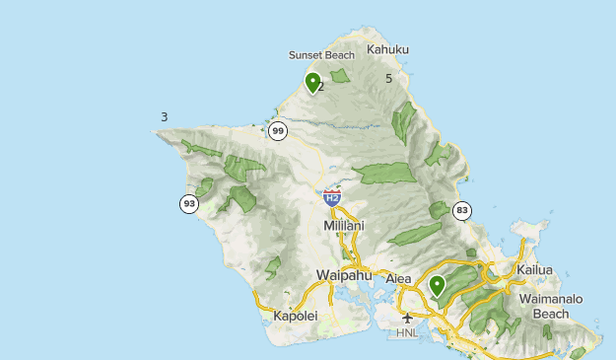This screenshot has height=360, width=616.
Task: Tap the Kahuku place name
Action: tap(387, 49)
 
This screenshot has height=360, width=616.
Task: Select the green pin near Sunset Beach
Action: tap(312, 83)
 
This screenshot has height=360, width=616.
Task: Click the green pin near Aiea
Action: tap(437, 286)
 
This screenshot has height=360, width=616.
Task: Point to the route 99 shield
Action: tap(278, 131)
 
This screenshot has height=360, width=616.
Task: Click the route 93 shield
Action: tap(189, 204)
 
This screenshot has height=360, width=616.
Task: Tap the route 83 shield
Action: tap(461, 210)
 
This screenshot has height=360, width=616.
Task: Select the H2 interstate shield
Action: tap(332, 198)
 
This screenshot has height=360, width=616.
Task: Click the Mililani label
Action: tap(344, 226)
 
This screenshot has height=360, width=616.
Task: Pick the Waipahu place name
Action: tap(341, 274)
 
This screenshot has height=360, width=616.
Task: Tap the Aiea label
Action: tap(398, 279)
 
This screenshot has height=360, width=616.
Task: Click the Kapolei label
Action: tap(296, 317)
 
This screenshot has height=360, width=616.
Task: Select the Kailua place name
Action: tap(534, 269)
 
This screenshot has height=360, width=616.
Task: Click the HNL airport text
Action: tap(407, 333)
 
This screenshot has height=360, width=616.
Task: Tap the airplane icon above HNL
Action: tap(407, 318)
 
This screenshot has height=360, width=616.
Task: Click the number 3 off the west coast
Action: tap(164, 117)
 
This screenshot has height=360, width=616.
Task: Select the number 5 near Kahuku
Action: tap(389, 78)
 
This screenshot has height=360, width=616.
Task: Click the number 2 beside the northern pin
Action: tap(321, 87)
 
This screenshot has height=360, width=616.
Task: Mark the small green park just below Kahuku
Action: tap(340, 76)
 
